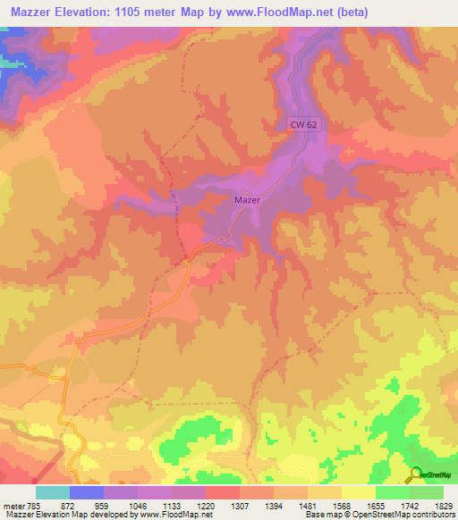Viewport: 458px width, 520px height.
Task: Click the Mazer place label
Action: point(247,200)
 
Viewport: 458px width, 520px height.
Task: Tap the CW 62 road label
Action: point(303,125)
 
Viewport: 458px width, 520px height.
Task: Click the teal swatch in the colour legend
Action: point(53,492)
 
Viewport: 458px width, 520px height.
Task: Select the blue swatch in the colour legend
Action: point(87,492)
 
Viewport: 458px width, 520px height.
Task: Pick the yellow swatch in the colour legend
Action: point(359,492)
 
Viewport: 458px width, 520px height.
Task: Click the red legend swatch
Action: point(223,492)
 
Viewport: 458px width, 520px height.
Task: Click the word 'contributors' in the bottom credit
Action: point(432,516)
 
